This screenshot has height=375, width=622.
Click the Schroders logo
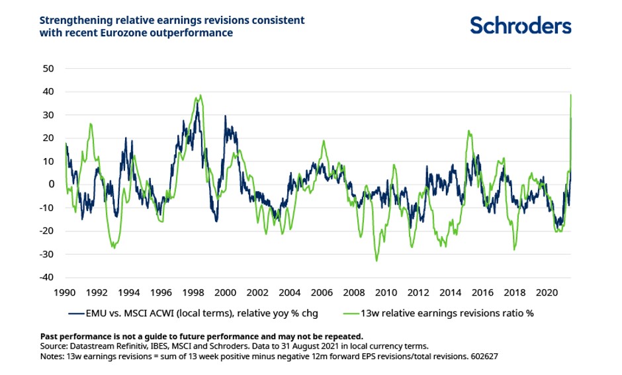point(520,26)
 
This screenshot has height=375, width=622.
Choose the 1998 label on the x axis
point(193,292)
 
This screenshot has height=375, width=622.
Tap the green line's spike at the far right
point(570,95)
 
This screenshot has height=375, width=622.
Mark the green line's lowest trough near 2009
point(377,261)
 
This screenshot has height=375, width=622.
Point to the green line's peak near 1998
point(199,95)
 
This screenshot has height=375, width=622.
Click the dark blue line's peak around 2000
point(225,116)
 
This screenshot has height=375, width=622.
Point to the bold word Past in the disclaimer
point(50,336)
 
